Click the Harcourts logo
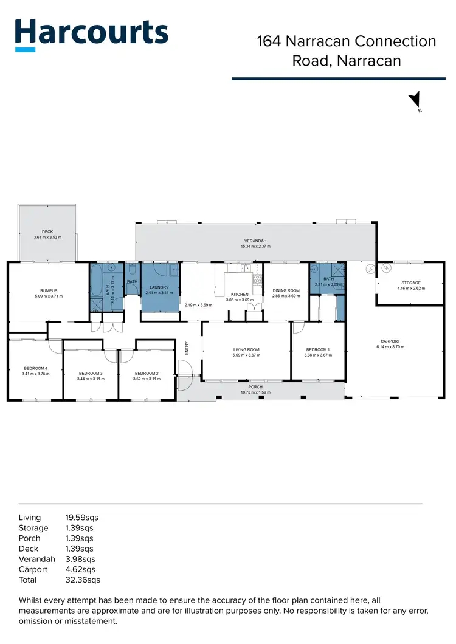[x=91, y=34]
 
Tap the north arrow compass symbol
[x=415, y=100]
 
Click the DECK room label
[x=47, y=231]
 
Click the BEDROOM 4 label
[x=35, y=369]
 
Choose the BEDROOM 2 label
[x=146, y=373]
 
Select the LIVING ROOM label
[x=246, y=349]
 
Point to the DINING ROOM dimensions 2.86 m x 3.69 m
[x=286, y=295]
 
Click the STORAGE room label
[x=410, y=283]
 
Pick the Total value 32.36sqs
[x=81, y=580]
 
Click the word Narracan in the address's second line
[x=369, y=61]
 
